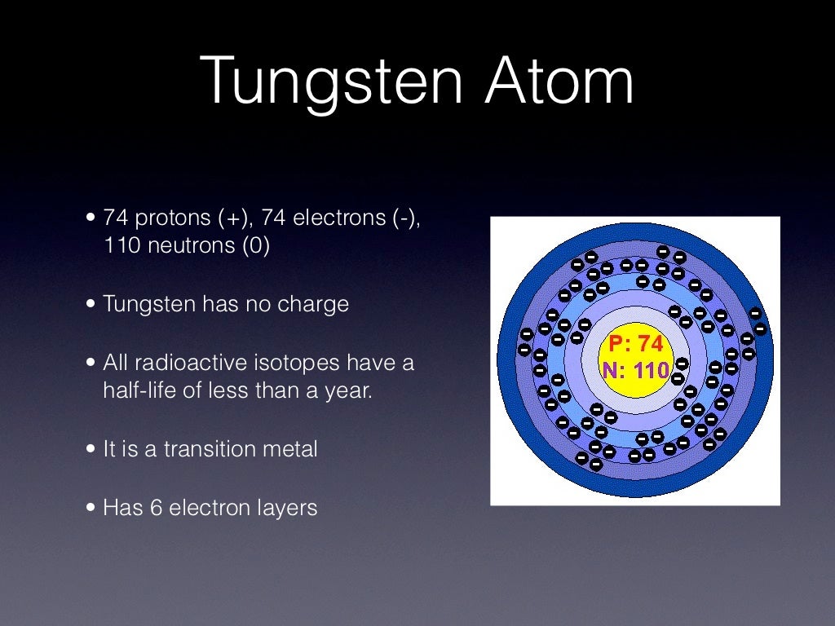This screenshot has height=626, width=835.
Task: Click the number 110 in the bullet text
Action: [x=120, y=246]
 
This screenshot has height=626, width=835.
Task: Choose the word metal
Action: [x=290, y=449]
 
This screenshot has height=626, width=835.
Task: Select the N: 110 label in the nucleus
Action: [x=636, y=371]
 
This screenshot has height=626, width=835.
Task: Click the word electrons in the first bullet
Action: [x=336, y=218]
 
